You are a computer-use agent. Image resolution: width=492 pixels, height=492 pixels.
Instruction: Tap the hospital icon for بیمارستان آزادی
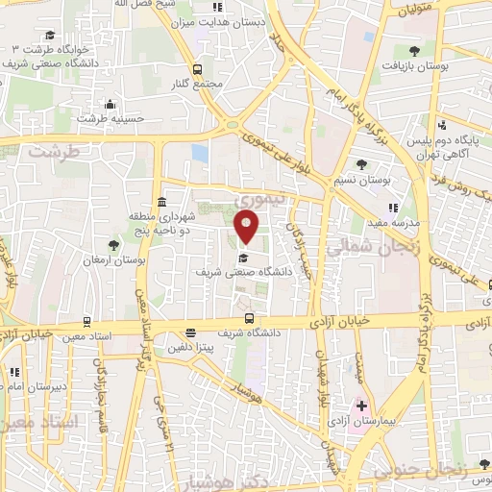coord(361,406)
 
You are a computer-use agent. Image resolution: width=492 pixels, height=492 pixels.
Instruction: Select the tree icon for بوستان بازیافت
coord(414,50)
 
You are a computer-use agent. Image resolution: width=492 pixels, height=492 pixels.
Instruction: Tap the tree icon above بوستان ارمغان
coord(114,245)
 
